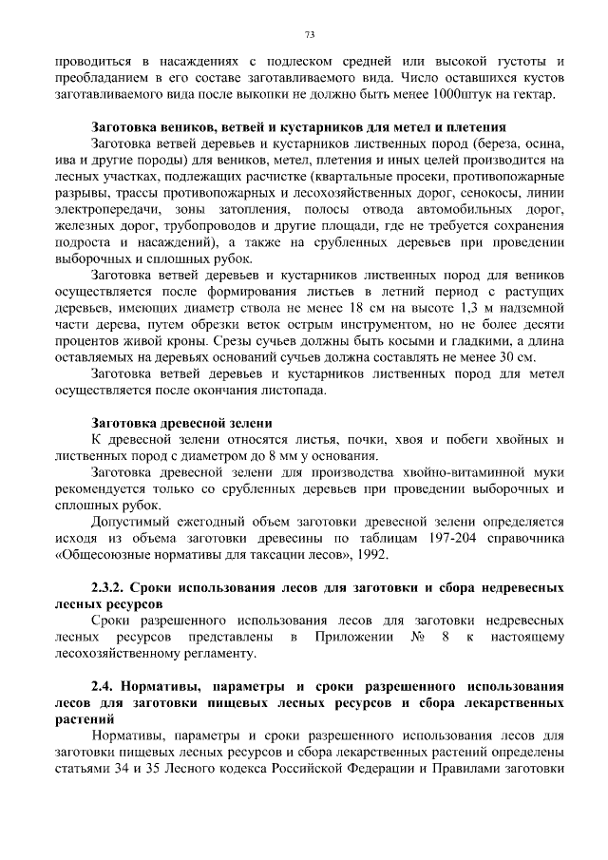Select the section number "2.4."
(104, 685)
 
